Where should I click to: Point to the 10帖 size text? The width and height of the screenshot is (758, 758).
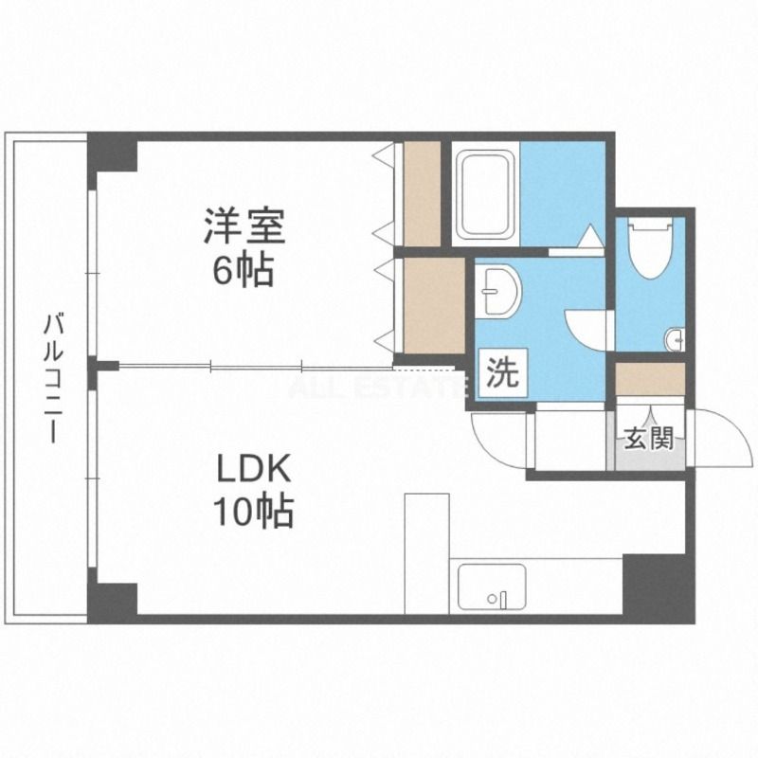click(x=251, y=513)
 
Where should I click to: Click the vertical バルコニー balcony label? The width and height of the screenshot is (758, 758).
click(x=52, y=379)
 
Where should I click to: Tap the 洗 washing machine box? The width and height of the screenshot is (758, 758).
click(x=502, y=372)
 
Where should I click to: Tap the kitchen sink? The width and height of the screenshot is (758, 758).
click(x=492, y=587)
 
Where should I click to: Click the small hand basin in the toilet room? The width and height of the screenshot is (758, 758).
click(x=674, y=338)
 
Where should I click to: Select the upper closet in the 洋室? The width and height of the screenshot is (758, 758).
click(x=421, y=193)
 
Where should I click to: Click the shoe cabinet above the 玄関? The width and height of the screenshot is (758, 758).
click(x=649, y=379)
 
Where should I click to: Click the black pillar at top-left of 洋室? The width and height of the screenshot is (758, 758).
click(x=113, y=153)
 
